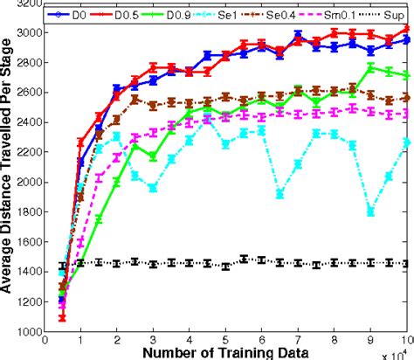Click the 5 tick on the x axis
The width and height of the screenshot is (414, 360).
[225, 340]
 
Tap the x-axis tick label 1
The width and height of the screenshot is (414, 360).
[80, 340]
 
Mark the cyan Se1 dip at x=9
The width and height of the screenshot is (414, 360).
[371, 211]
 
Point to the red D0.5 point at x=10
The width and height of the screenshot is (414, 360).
[407, 28]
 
